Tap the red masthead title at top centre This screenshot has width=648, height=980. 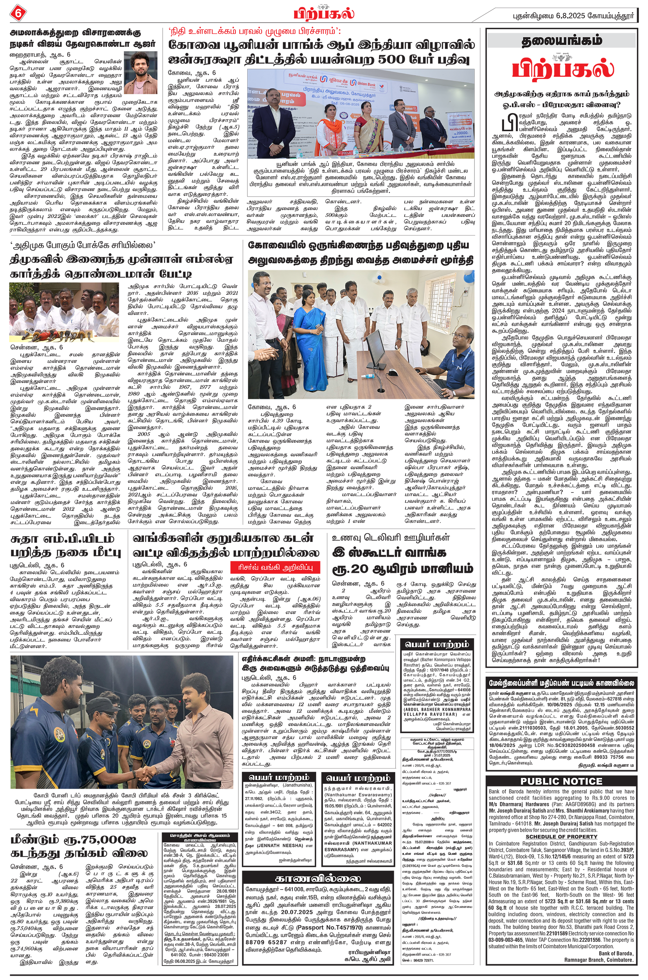pyautogui.click(x=324, y=13)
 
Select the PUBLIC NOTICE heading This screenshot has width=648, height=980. pyautogui.click(x=561, y=781)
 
